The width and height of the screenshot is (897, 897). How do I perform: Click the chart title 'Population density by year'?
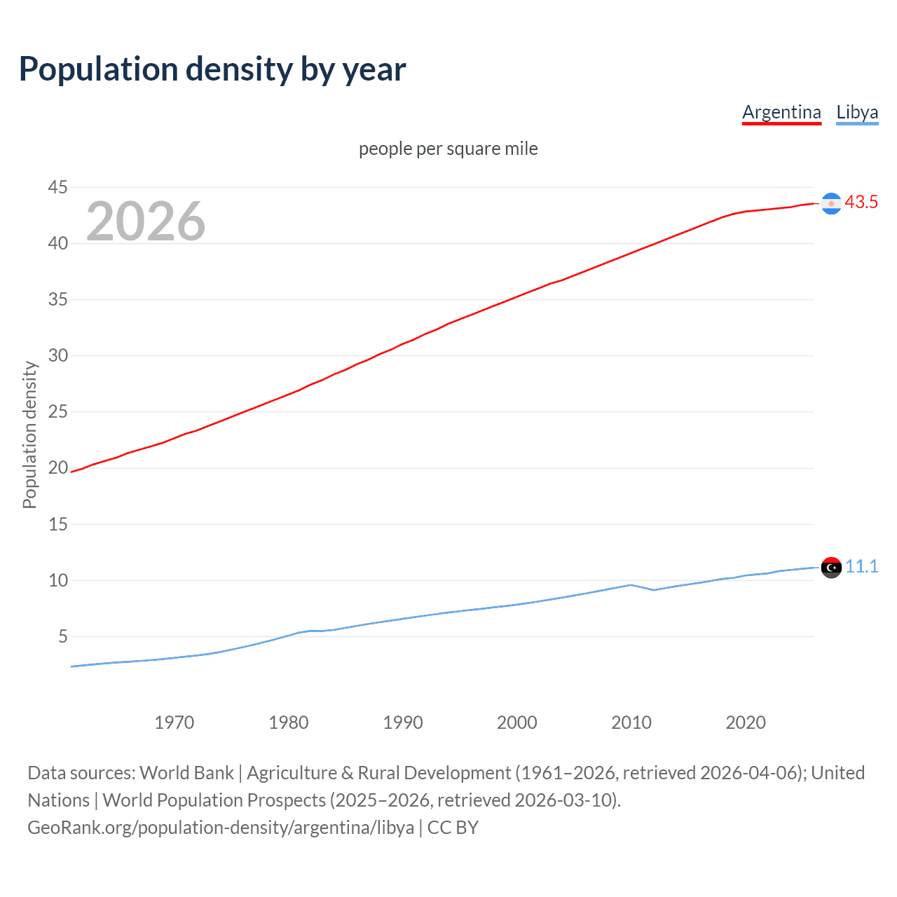[x=212, y=69]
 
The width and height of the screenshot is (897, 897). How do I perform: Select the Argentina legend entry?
[x=781, y=112]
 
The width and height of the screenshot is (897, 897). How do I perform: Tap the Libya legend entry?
[x=857, y=112]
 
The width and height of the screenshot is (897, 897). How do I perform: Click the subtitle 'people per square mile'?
[x=448, y=149]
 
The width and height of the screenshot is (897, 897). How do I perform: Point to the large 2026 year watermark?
[x=146, y=221]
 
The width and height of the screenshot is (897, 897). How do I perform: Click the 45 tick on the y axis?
[x=58, y=187]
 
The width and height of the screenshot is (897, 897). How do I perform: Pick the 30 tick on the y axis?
[x=58, y=355]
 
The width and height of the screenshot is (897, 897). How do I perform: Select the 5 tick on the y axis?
[x=63, y=636]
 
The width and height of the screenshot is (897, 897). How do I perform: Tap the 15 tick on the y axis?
[x=58, y=524]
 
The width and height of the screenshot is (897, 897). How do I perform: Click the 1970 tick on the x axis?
[x=174, y=723]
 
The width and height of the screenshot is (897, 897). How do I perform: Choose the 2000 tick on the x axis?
[x=517, y=723]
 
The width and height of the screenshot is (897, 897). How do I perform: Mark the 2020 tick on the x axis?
[x=746, y=723]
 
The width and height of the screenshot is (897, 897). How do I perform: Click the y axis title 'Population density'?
[x=29, y=434]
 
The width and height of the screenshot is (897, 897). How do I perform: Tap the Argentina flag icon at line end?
[x=831, y=203]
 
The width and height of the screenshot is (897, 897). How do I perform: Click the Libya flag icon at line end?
[x=831, y=568]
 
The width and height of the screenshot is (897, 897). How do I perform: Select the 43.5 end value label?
[x=861, y=203]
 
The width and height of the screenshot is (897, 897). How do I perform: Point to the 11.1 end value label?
[x=862, y=566]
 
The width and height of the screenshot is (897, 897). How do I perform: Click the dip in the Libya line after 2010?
[x=654, y=589]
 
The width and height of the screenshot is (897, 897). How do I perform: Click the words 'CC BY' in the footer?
[x=453, y=828]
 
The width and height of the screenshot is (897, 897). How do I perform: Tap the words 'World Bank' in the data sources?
[x=186, y=773]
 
